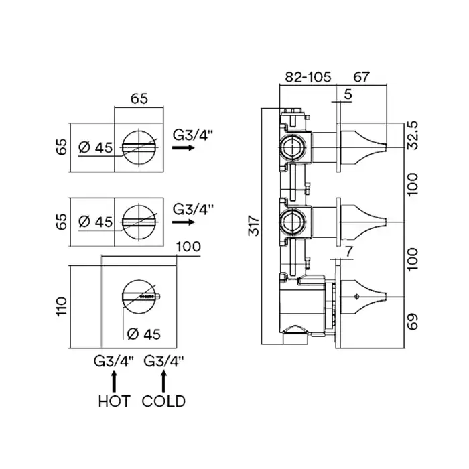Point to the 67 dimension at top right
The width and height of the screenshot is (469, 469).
click(362, 78)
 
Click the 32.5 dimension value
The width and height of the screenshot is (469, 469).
click(414, 135)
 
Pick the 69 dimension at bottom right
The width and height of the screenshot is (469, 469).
click(414, 323)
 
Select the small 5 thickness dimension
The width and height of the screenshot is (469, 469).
click(347, 96)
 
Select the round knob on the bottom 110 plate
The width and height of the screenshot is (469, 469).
click(139, 295)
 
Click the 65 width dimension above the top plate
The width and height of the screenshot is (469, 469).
click(139, 98)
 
